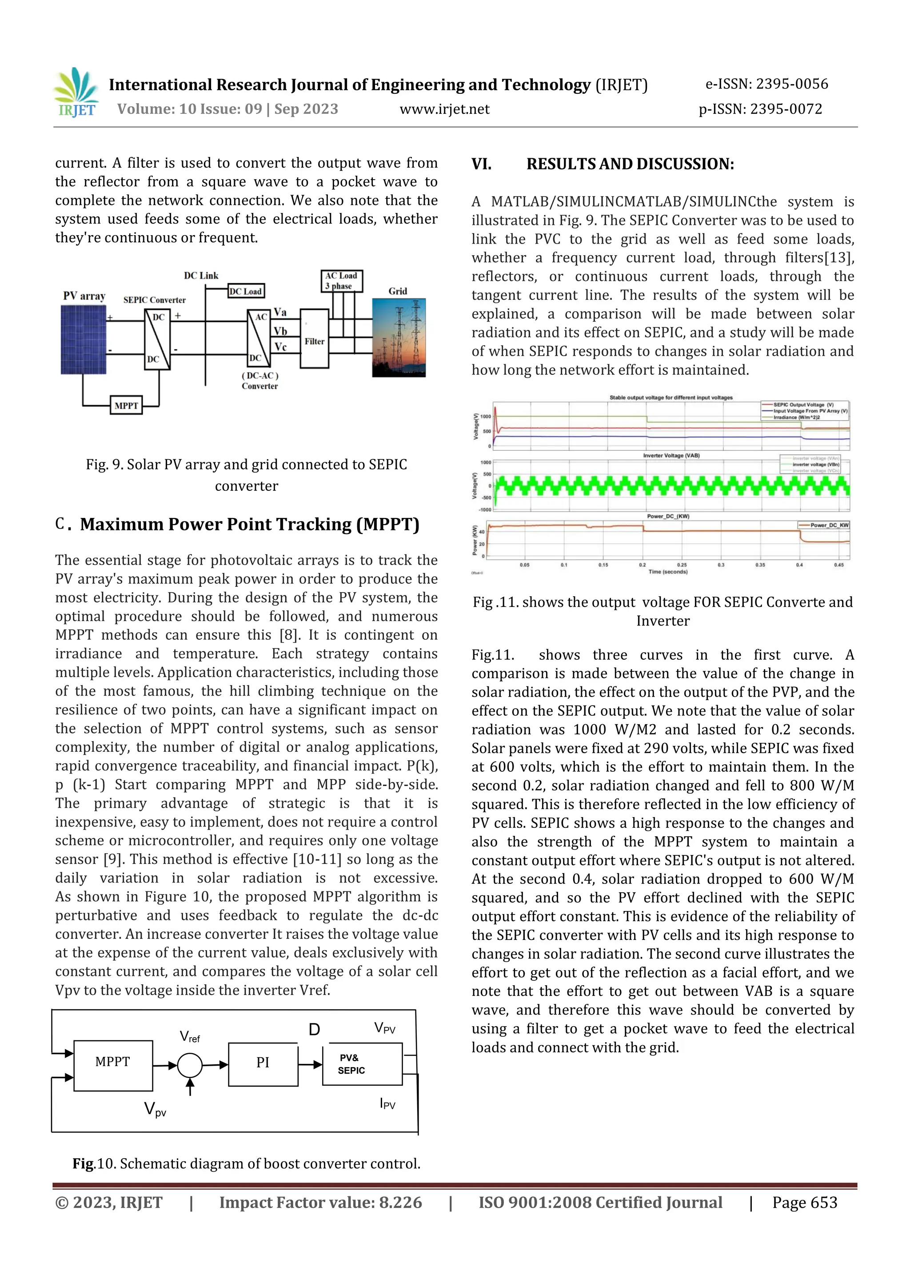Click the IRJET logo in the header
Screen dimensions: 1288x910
click(76, 92)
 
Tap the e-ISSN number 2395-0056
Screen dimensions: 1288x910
click(792, 84)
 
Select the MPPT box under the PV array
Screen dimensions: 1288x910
click(126, 405)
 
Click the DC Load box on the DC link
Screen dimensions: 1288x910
click(246, 291)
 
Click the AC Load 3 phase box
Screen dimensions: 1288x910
click(341, 281)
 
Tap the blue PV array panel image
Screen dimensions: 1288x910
click(83, 339)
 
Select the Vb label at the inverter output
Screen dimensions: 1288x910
click(280, 331)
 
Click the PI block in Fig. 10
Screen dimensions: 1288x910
click(263, 1062)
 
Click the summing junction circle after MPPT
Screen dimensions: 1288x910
click(190, 1065)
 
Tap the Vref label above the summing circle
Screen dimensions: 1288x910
click(190, 1037)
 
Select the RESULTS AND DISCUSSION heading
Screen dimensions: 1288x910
click(630, 165)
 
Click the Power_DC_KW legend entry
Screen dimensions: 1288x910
click(824, 525)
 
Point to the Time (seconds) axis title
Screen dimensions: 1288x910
click(667, 572)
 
